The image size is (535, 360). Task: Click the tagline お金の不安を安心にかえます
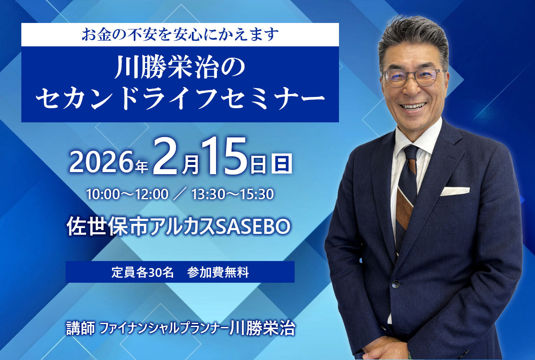coord(180,35)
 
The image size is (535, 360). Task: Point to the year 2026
coord(103,162)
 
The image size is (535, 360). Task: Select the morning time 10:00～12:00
coord(127,194)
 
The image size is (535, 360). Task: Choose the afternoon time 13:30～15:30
coord(232,194)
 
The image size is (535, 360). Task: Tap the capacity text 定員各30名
coord(143,272)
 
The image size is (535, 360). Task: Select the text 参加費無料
coord(218,272)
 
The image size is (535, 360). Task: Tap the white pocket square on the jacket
coord(455,191)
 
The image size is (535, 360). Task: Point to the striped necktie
coord(406,192)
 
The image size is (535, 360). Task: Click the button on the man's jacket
coord(395,284)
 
